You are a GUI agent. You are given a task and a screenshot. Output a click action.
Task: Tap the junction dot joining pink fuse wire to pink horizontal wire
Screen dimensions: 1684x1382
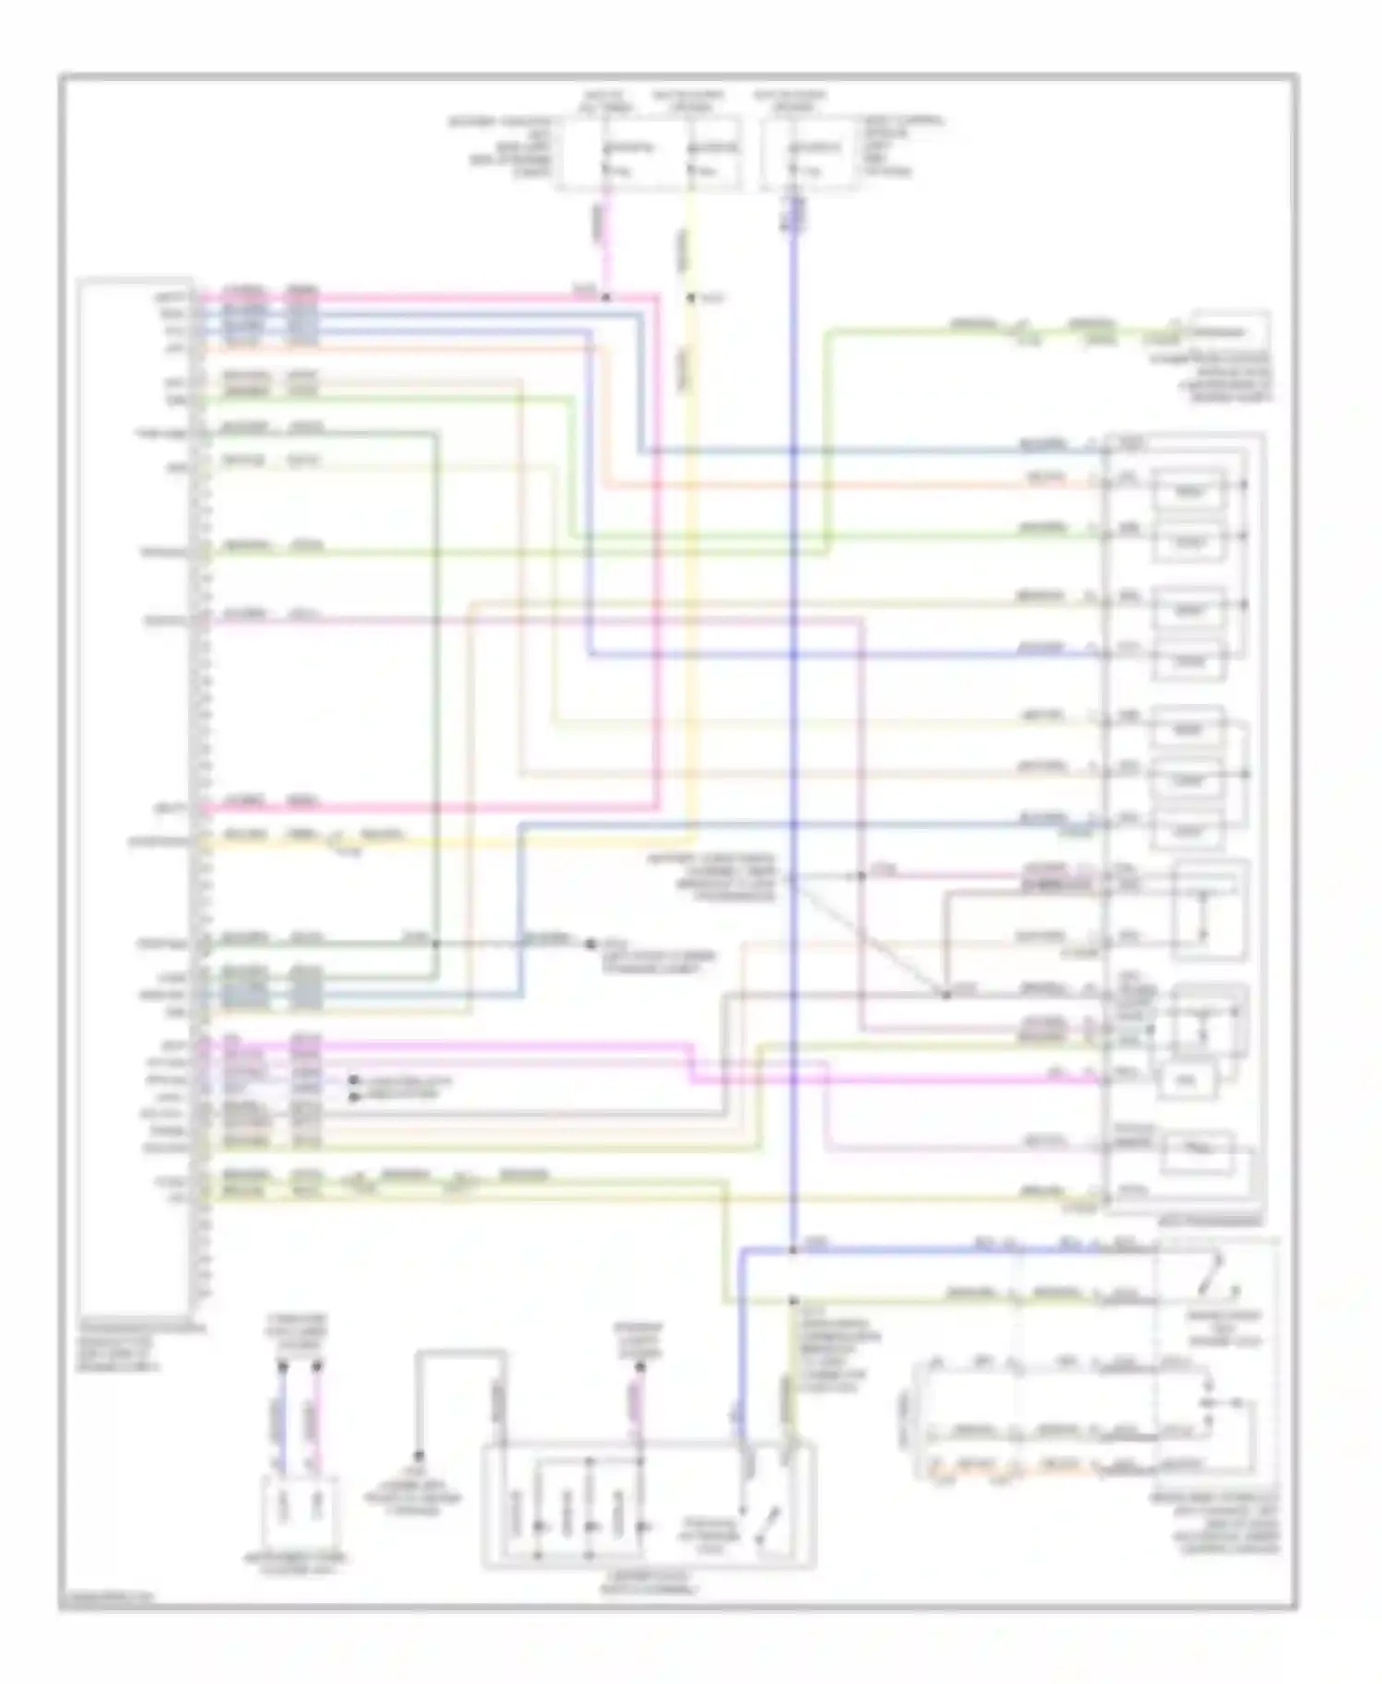[x=605, y=298]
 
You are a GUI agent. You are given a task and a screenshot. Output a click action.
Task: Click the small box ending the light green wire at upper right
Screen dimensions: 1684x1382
[x=1229, y=333]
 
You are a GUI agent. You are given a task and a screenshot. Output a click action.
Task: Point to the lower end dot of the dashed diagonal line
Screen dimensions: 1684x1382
[x=945, y=994]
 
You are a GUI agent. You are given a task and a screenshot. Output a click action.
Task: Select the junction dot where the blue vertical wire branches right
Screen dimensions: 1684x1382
[x=792, y=1250]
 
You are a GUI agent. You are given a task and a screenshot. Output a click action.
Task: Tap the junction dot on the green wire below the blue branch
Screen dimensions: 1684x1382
[x=792, y=1301]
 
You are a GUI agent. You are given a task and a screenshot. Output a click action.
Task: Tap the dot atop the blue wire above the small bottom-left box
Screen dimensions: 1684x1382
[x=283, y=1367]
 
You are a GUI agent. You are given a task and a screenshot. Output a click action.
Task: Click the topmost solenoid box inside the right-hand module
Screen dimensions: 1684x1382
[x=1189, y=492]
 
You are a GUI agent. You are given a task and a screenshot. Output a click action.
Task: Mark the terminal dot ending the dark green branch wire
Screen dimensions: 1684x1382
[x=591, y=943]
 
